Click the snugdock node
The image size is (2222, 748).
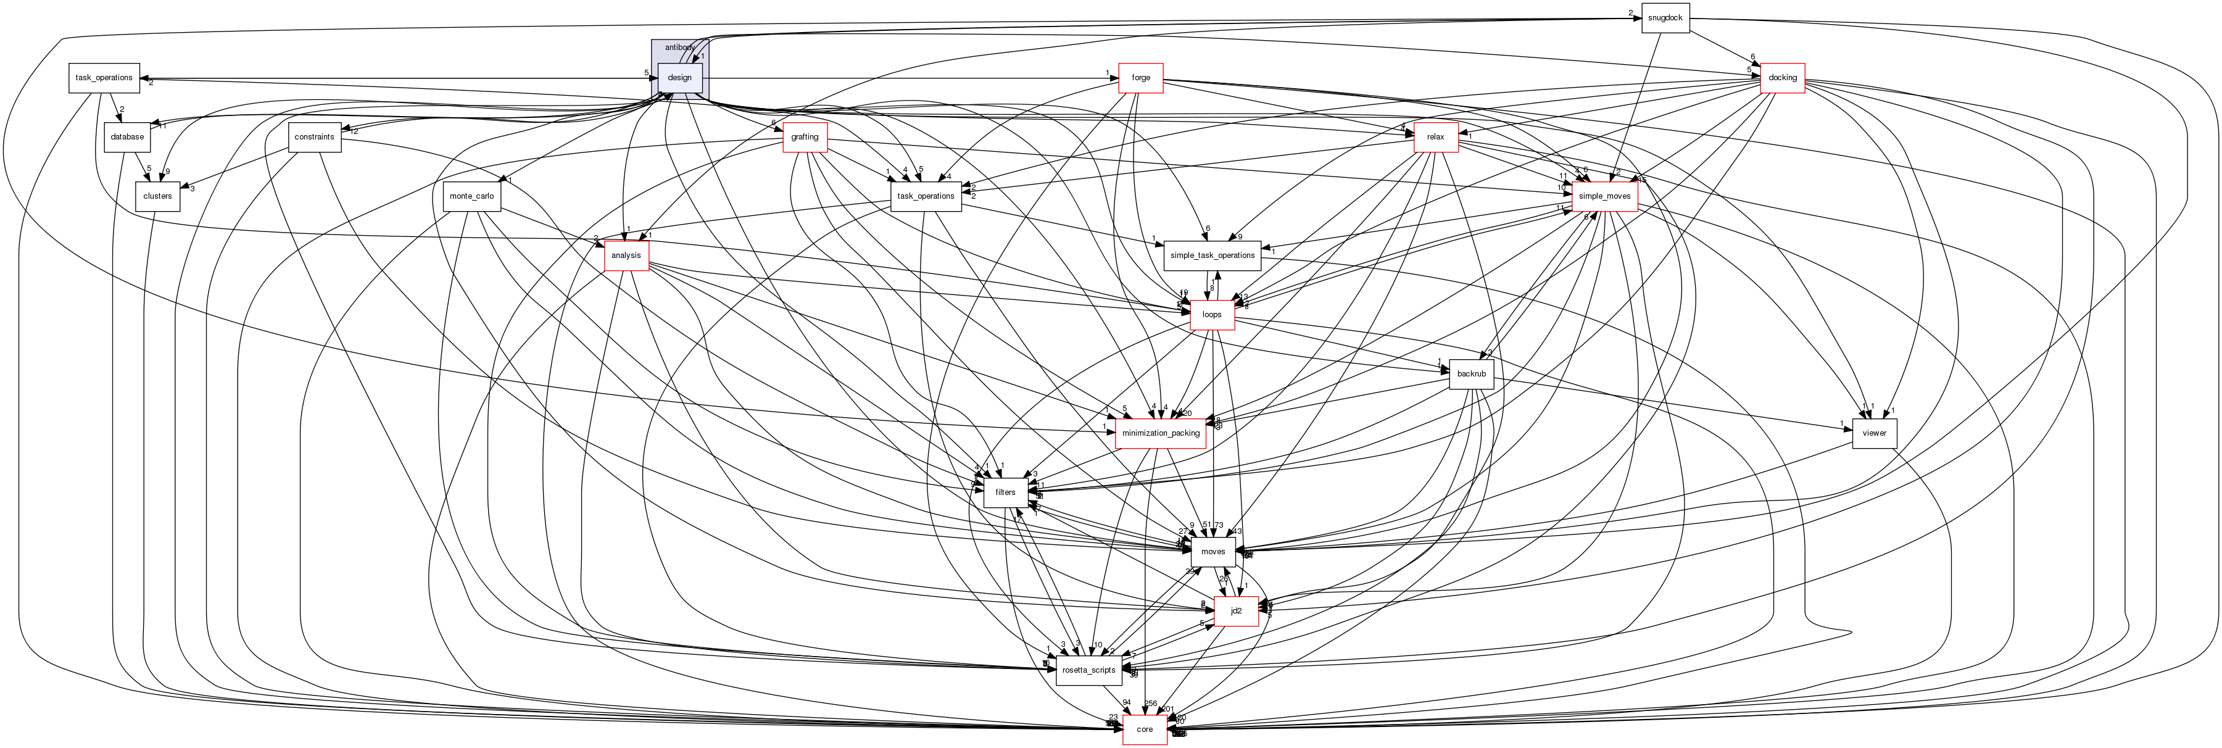point(1664,18)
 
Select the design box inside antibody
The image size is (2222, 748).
point(680,78)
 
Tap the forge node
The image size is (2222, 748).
point(1140,78)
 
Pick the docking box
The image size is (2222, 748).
point(1782,78)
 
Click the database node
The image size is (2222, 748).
point(128,137)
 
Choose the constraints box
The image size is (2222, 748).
point(314,137)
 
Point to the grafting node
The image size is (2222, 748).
point(804,137)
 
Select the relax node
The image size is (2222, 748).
point(1435,137)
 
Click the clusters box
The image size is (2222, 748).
point(158,196)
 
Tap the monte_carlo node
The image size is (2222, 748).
point(472,196)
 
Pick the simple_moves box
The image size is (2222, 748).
point(1604,196)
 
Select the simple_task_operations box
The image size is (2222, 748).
point(1212,256)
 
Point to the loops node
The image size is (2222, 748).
point(1212,315)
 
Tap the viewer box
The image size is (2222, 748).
point(1875,433)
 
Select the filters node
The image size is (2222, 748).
point(1005,492)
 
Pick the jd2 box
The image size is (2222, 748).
point(1235,611)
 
